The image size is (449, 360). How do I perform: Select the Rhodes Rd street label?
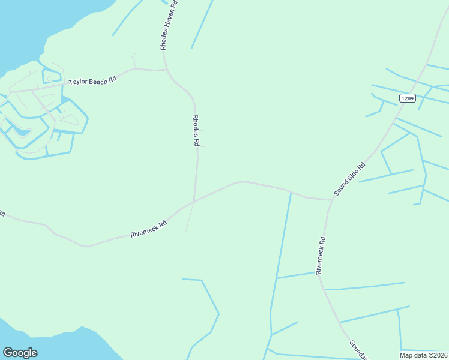click(x=195, y=131)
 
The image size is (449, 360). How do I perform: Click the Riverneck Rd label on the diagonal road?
click(x=148, y=229)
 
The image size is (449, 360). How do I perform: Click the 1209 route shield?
click(x=407, y=98)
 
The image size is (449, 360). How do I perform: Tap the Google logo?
click(x=20, y=353)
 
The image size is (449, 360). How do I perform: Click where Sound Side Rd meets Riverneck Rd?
click(x=331, y=199)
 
